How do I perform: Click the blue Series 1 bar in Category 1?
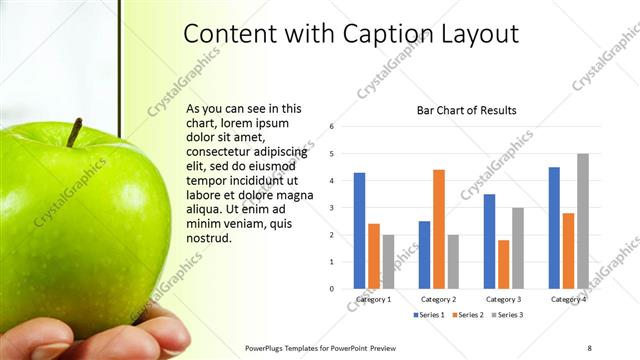(x=359, y=231)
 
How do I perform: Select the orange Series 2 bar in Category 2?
(x=439, y=229)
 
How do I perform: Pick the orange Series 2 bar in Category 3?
(x=503, y=264)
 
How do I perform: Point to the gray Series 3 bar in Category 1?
(x=388, y=262)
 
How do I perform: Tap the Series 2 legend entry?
(x=469, y=315)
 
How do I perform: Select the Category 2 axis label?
(x=438, y=299)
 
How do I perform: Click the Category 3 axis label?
(x=503, y=299)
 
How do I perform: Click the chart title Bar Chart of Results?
(x=466, y=110)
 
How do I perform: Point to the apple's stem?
(x=74, y=131)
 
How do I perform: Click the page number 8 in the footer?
(x=589, y=347)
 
